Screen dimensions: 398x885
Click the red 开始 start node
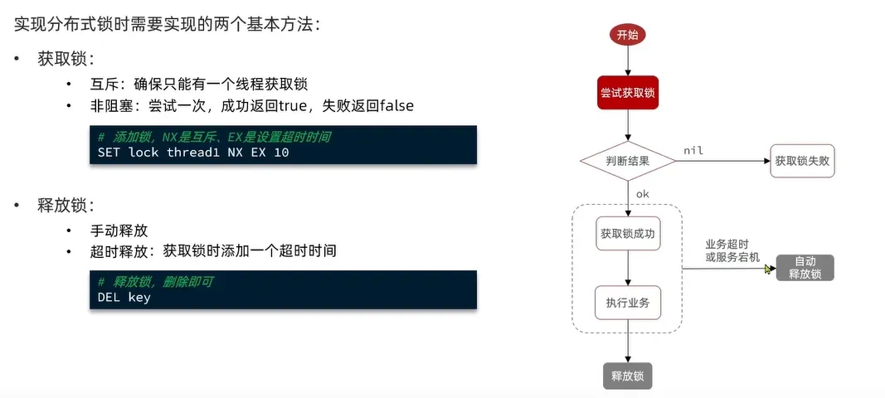(627, 35)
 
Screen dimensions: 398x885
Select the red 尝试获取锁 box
(627, 94)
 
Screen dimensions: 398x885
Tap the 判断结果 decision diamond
(627, 161)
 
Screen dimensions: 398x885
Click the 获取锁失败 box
(801, 161)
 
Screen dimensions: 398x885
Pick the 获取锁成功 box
(628, 234)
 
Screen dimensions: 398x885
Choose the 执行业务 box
(628, 303)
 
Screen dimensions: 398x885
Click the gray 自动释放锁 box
(805, 268)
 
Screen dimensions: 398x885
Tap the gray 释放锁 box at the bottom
(628, 376)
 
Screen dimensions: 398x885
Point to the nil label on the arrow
(693, 149)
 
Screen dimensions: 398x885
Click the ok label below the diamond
(642, 194)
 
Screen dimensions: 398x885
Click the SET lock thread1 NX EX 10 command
(193, 153)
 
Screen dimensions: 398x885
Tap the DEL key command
(124, 298)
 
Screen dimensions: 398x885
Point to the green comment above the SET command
(220, 137)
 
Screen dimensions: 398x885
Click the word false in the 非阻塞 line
(390, 106)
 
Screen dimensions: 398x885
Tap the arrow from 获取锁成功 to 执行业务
(628, 267)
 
